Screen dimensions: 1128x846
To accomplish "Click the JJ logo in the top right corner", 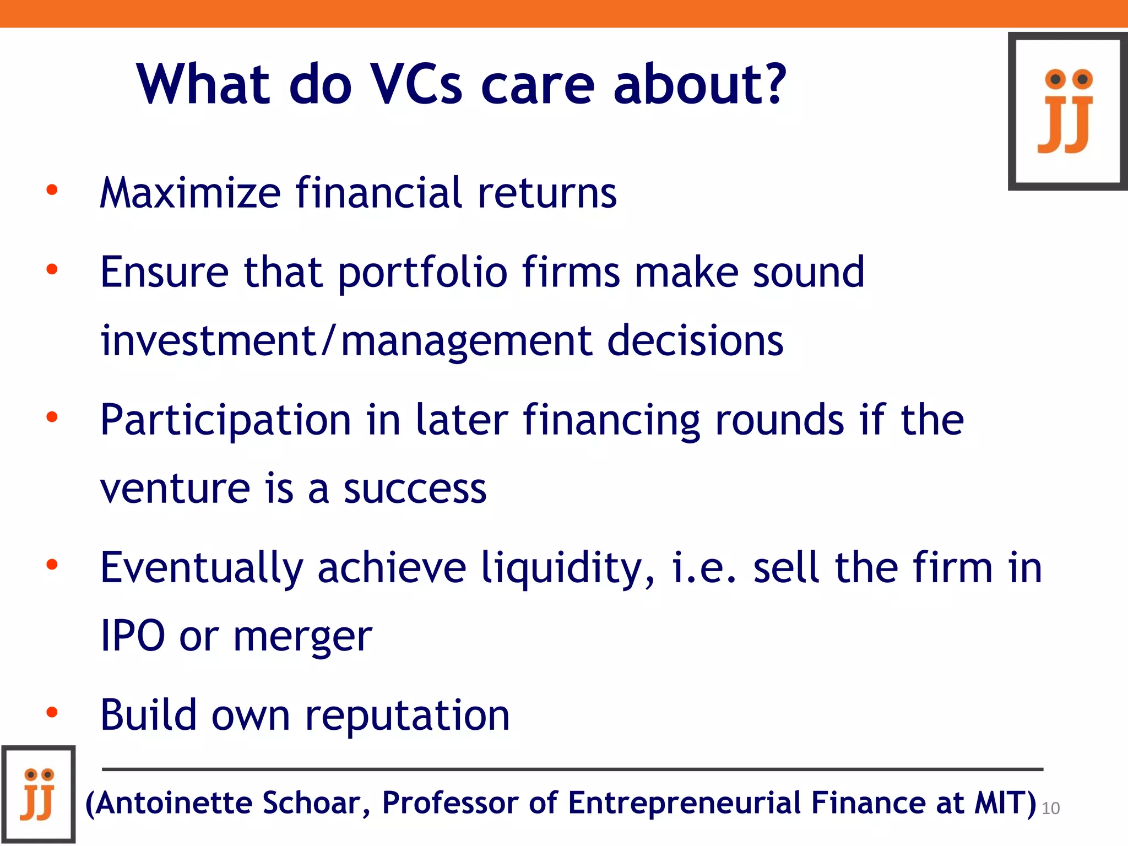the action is [x=1067, y=111].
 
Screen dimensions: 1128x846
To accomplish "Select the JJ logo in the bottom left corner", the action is [x=39, y=794].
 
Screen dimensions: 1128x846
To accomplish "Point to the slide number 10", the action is [x=1050, y=808].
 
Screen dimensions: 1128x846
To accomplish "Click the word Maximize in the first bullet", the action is [x=191, y=193].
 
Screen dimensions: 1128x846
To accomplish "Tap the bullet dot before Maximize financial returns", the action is [x=52, y=191].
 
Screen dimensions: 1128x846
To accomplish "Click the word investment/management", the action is [x=346, y=341].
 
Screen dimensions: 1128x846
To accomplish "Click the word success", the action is [x=415, y=489].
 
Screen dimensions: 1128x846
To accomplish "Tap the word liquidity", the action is [x=568, y=568].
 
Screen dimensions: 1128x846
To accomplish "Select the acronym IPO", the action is [x=133, y=636].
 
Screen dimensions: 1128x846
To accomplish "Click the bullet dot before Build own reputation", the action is [x=52, y=713].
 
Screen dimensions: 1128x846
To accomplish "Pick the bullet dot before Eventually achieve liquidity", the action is [x=52, y=565].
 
